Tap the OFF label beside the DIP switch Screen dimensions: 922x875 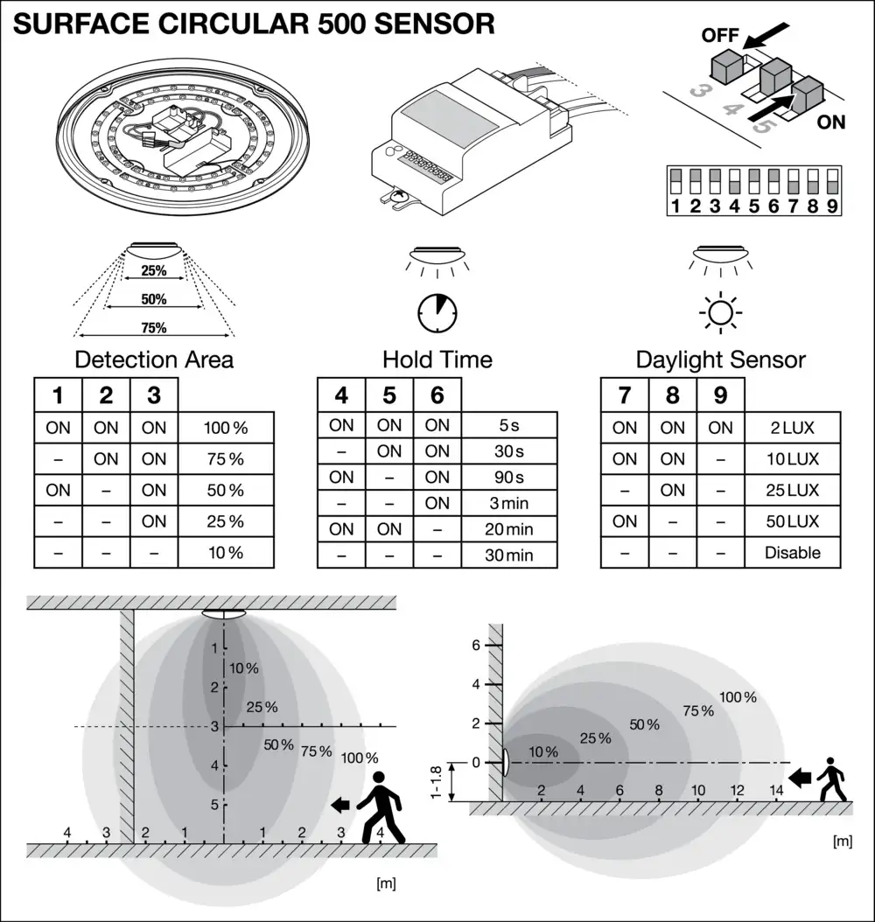[720, 37]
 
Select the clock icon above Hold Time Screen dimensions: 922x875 [437, 311]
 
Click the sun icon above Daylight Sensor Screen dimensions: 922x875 [721, 311]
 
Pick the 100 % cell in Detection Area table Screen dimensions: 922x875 [226, 428]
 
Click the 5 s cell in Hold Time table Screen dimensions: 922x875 [509, 426]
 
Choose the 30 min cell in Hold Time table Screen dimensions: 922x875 [509, 555]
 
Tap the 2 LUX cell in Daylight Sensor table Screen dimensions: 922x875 [792, 428]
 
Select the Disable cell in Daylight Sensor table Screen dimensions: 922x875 [792, 552]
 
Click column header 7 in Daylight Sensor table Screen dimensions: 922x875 [625, 395]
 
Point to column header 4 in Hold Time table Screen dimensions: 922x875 [341, 395]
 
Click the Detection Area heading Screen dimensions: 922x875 [154, 360]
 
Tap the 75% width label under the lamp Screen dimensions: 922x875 [154, 328]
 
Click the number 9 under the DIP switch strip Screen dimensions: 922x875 [830, 207]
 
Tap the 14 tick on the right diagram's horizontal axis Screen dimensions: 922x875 [776, 791]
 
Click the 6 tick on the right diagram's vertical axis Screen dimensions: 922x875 [477, 645]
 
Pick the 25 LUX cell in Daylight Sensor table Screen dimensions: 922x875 [792, 490]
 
